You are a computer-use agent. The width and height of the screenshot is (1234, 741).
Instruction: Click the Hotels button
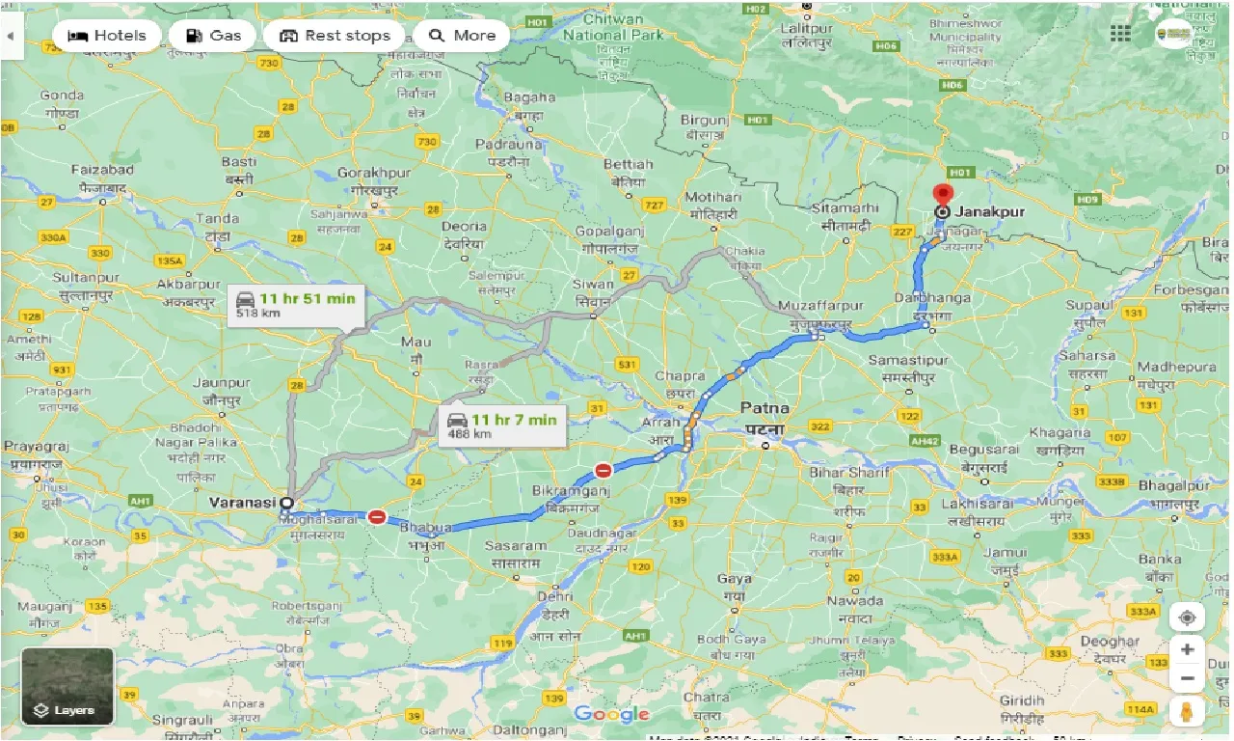coord(107,36)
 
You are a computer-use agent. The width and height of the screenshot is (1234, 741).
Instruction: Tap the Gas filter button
coord(212,36)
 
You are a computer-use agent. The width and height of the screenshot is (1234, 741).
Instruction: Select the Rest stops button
coord(334,36)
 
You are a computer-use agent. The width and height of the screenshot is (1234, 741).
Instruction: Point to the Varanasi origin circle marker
coord(287,503)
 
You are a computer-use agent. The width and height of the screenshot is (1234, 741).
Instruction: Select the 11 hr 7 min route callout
coord(501,425)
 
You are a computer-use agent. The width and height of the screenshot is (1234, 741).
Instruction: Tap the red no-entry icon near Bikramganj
coord(604,471)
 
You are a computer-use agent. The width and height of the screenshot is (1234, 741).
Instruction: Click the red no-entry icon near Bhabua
coord(377,517)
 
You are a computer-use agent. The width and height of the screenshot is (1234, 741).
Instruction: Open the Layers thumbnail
coord(67,686)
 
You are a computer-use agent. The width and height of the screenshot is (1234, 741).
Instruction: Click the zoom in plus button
coord(1187,649)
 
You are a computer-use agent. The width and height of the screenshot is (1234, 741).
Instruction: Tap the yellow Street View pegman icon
coord(1187,711)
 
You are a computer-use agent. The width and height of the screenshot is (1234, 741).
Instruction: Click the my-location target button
coord(1187,617)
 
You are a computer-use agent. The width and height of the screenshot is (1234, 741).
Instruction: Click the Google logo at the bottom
coord(611,714)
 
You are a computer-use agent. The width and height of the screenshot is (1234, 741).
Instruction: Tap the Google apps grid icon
coord(1120,34)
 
